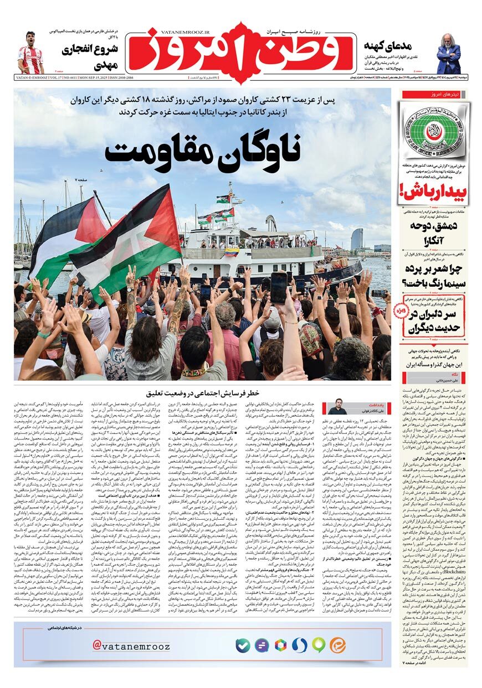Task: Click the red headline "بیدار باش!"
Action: [x=433, y=192]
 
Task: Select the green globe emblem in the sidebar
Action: [x=435, y=131]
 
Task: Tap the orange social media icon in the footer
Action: [x=337, y=645]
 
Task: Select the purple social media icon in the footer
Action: [x=261, y=645]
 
